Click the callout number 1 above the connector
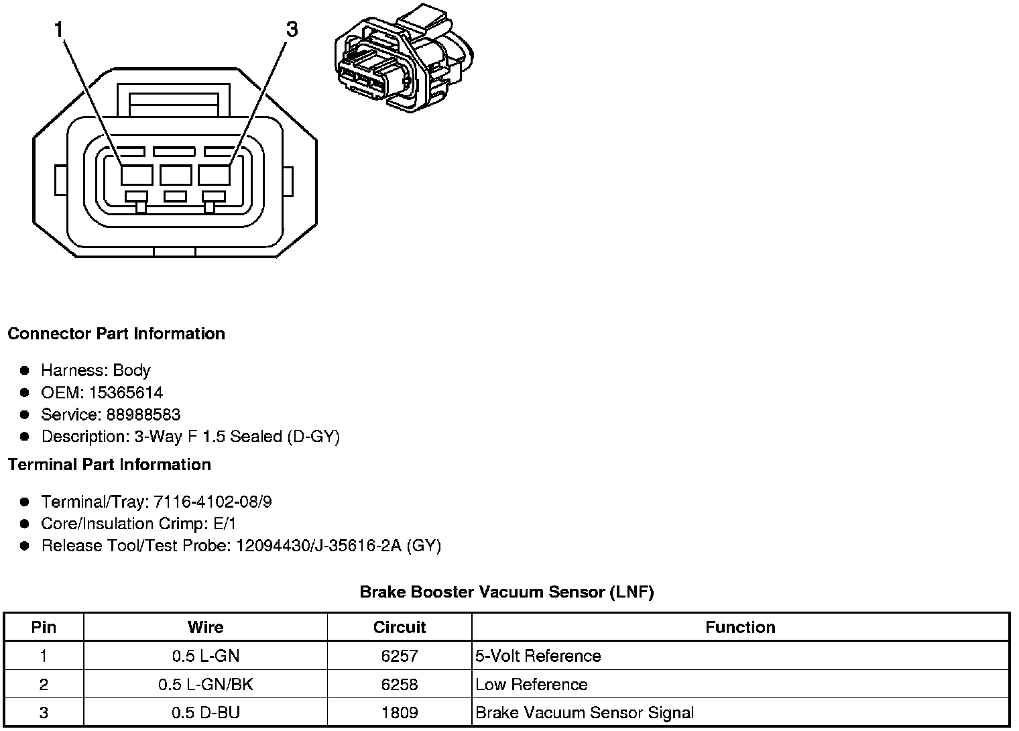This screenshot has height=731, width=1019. pyautogui.click(x=59, y=30)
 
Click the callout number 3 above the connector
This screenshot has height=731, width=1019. pyautogui.click(x=291, y=30)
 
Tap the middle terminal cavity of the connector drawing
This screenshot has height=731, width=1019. pyautogui.click(x=176, y=175)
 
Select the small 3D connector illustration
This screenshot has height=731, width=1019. pyautogui.click(x=405, y=59)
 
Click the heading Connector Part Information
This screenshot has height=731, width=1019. pyautogui.click(x=116, y=333)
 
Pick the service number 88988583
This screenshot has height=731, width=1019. pyautogui.click(x=143, y=414)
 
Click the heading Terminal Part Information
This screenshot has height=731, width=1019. pyautogui.click(x=109, y=464)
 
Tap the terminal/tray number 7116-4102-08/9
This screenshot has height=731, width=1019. pyautogui.click(x=213, y=502)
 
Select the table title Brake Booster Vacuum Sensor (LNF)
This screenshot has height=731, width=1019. pyautogui.click(x=506, y=592)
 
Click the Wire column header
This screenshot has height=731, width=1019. pyautogui.click(x=205, y=627)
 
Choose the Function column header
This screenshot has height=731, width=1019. pyautogui.click(x=740, y=627)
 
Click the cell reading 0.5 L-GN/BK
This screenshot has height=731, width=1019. pyautogui.click(x=205, y=684)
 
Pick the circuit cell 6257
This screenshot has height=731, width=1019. pyautogui.click(x=399, y=655)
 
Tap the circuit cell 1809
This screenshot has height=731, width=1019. pyautogui.click(x=399, y=712)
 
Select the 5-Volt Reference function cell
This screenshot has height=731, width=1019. pyautogui.click(x=538, y=655)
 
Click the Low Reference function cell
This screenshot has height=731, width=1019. pyautogui.click(x=531, y=684)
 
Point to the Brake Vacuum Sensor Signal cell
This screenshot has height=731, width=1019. pyautogui.click(x=584, y=712)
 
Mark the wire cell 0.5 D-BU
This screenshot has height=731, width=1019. pyautogui.click(x=205, y=712)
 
